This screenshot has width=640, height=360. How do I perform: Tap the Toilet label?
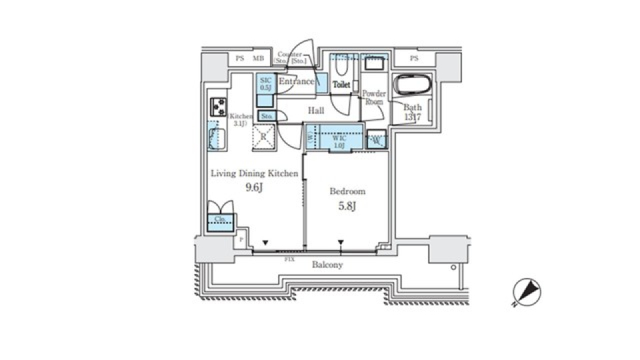[x=341, y=85]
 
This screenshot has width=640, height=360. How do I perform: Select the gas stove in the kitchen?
[x=218, y=106]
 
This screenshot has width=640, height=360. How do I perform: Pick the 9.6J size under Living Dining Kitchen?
[x=254, y=187]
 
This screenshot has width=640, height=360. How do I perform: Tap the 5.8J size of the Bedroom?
[x=347, y=205]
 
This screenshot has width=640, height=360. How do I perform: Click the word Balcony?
[x=327, y=265]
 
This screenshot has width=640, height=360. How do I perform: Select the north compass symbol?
[x=526, y=292]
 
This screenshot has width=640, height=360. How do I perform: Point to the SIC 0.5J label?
[x=265, y=83]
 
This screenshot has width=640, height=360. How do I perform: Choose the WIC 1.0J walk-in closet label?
[x=339, y=141]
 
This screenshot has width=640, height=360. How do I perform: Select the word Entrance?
[x=296, y=81]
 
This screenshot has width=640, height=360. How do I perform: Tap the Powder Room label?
[x=374, y=98]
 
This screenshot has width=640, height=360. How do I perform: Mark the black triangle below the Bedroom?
[x=341, y=243]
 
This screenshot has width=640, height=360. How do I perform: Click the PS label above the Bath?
[x=413, y=59]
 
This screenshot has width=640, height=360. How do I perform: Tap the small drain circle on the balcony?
[x=453, y=267]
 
